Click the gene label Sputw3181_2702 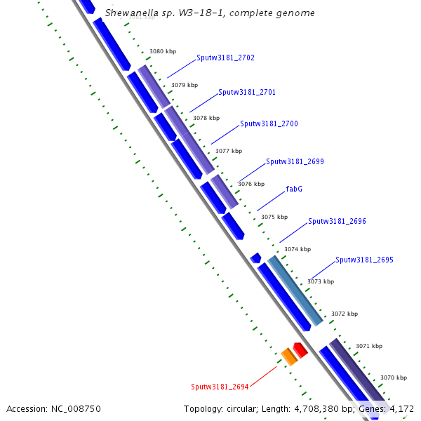225,58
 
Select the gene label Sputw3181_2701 247,92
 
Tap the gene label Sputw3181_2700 269,123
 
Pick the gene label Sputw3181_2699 295,161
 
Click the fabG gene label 294,189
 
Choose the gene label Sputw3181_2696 337,221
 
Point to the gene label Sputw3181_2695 364,260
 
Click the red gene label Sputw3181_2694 220,387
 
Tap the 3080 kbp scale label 163,51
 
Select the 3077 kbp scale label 228,151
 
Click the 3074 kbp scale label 297,249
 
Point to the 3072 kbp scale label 345,314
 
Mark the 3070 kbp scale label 393,377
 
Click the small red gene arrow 300,349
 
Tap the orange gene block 288,356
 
